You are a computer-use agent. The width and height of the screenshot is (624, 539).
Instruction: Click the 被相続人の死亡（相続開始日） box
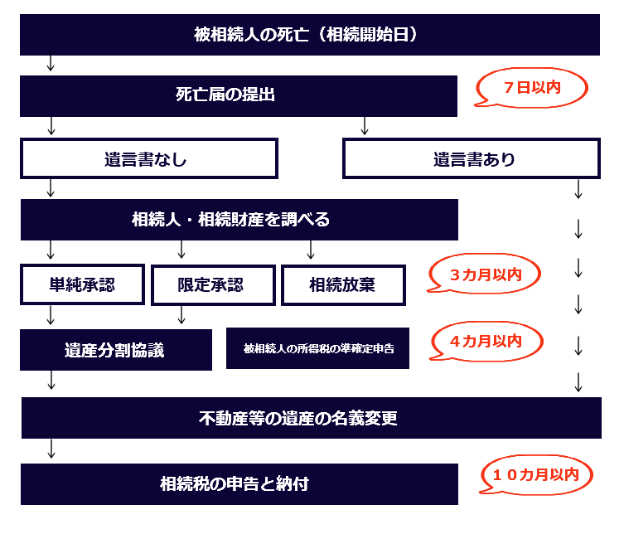309,35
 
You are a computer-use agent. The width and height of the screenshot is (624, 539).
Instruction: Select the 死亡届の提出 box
239,95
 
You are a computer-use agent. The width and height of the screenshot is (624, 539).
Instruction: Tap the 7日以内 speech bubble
531,88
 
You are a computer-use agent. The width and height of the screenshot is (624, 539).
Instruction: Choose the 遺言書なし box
149,158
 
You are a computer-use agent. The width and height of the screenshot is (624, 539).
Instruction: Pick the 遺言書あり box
472,158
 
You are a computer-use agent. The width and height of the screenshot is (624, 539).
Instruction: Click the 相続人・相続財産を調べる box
239,220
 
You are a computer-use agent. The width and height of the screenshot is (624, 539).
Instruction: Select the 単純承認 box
83,285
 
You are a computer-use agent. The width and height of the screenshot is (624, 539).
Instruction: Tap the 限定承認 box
213,285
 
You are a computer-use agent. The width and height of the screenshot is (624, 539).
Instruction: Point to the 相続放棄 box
343,285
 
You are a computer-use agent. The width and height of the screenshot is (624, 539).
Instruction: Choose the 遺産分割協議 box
116,349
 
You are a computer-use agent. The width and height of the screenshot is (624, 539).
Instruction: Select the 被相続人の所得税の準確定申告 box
317,348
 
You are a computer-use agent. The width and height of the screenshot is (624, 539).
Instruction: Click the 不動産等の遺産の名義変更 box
311,418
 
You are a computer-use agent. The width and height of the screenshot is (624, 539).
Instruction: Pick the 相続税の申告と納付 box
239,483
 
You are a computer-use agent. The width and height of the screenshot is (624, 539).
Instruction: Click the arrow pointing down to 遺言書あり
365,126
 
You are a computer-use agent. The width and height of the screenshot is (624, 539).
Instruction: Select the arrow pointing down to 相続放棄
312,250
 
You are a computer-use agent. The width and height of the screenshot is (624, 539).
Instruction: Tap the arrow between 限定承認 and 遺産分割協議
181,315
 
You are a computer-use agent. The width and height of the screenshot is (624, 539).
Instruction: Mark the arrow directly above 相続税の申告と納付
51,449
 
